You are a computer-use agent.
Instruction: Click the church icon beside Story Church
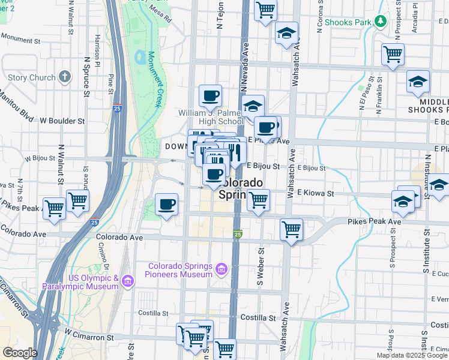click(x=65, y=77)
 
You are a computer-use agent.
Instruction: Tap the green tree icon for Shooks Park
click(x=379, y=22)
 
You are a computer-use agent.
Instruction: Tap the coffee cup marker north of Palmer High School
click(x=210, y=95)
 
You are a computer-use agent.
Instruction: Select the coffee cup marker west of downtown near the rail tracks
click(x=167, y=205)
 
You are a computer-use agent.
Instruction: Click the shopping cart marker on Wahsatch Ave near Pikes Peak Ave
click(x=291, y=229)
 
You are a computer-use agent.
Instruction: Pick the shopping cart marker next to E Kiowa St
click(x=258, y=200)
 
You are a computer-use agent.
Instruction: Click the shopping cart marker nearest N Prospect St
click(x=393, y=54)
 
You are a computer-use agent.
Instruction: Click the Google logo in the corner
click(x=20, y=353)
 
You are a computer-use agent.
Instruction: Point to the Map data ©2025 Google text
click(x=412, y=355)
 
